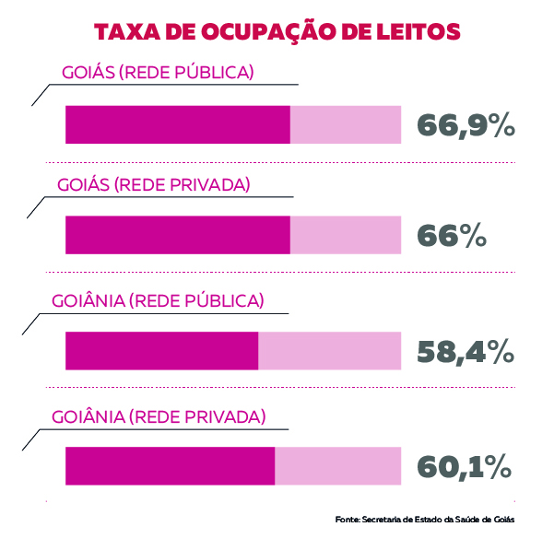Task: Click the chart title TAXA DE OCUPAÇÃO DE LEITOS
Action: [x=277, y=32]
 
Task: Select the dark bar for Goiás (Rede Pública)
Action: [x=177, y=124]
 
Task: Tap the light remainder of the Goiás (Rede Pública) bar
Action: [x=346, y=124]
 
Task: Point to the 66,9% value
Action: [x=466, y=126]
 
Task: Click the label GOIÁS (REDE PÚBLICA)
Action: [x=158, y=72]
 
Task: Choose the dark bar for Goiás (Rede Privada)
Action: [x=177, y=235]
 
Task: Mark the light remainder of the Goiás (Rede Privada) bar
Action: [x=346, y=235]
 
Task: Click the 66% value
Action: [x=452, y=237]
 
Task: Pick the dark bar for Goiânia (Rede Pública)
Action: [x=161, y=351]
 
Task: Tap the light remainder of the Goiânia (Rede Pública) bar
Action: [x=330, y=351]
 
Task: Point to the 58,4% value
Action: [x=466, y=352]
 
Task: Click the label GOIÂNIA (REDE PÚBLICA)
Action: [x=158, y=300]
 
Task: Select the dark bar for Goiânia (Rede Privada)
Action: [x=170, y=465]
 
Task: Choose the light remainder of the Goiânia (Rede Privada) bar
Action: [x=338, y=465]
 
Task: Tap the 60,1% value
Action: [x=465, y=467]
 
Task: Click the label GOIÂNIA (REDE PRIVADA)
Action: [x=159, y=415]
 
